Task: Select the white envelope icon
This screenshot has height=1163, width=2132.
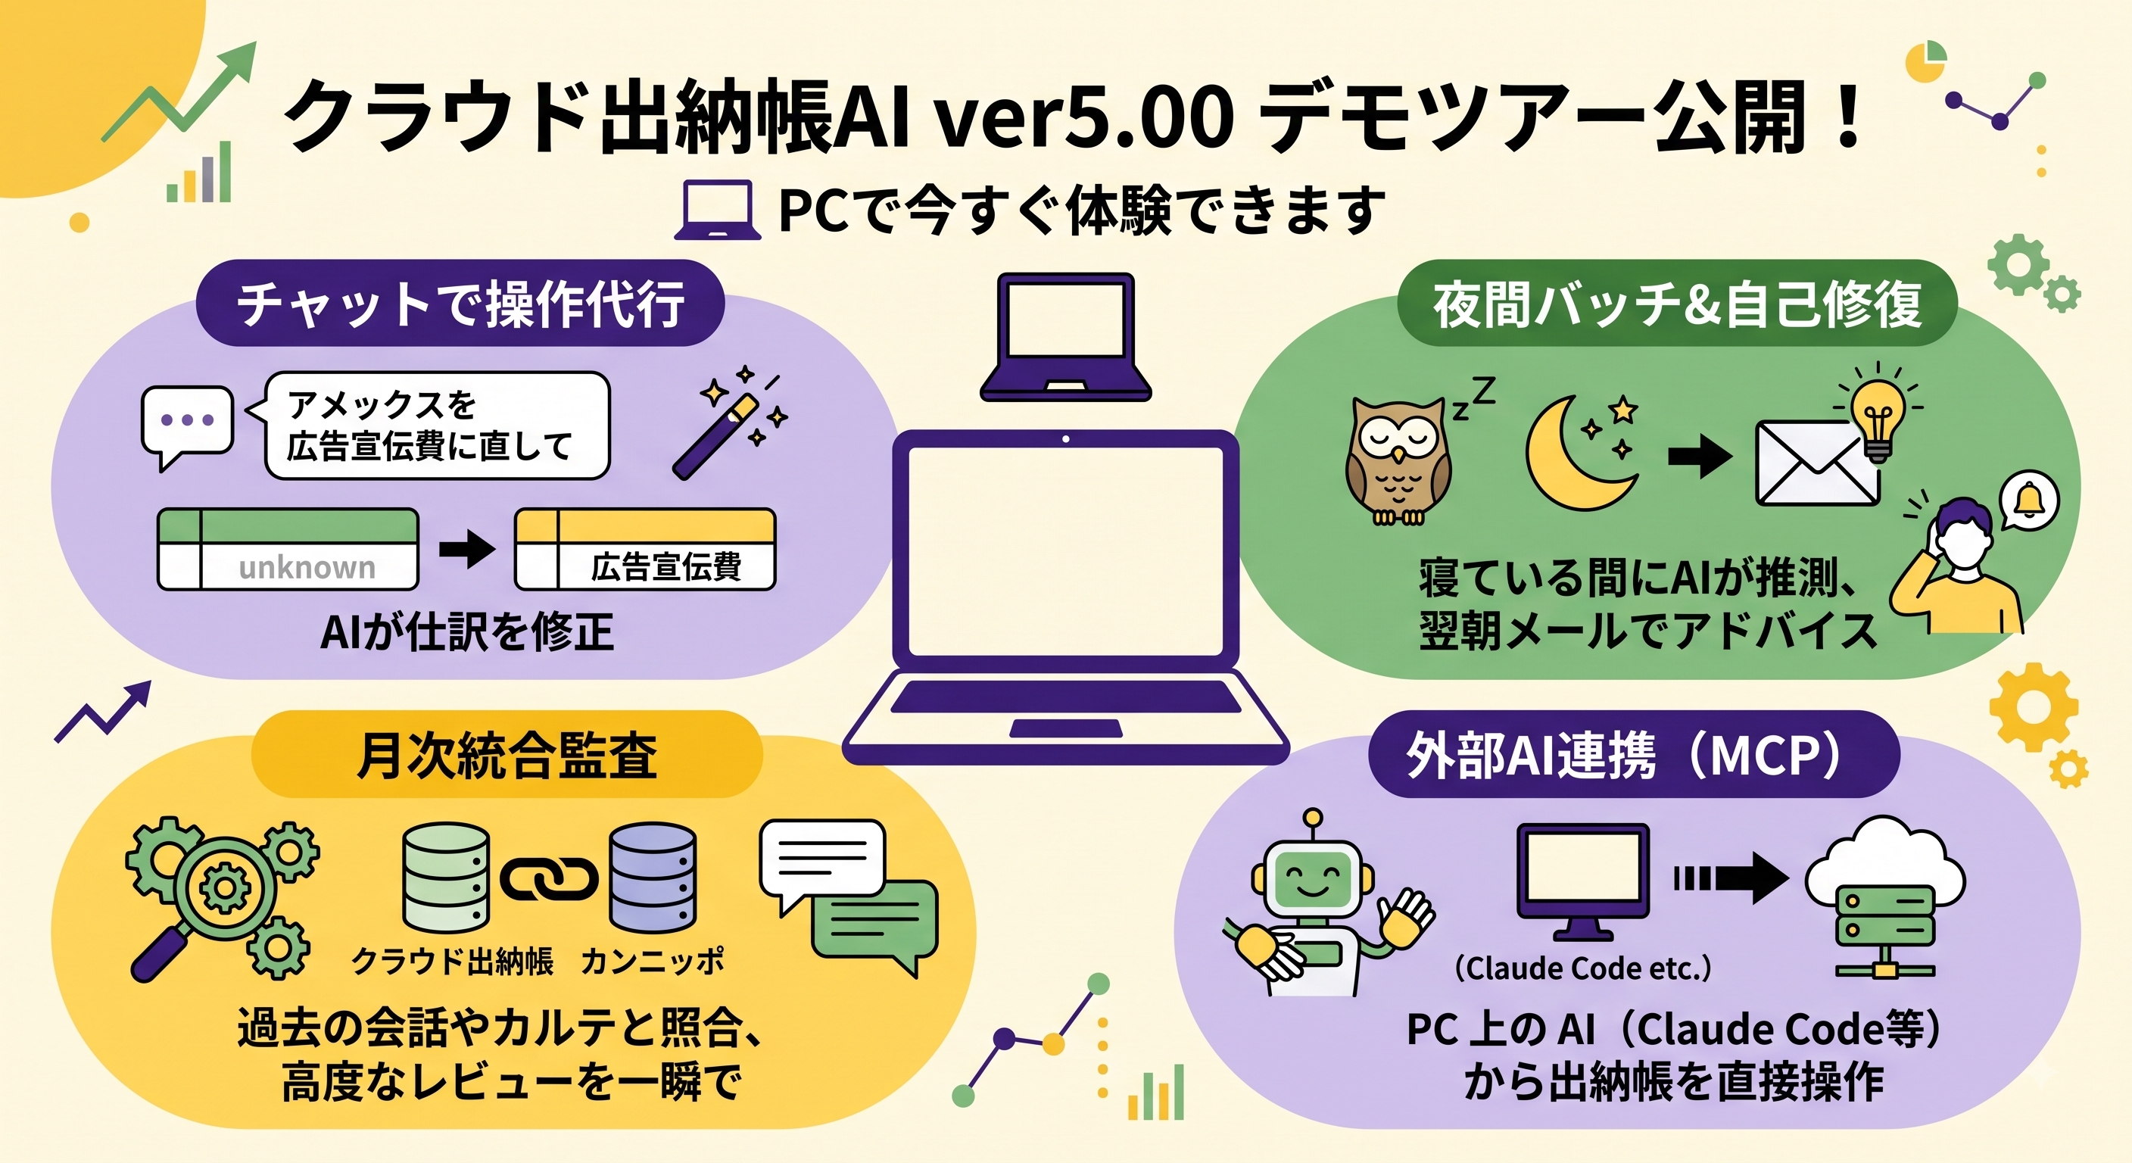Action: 1818,463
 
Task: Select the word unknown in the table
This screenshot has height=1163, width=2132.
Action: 307,568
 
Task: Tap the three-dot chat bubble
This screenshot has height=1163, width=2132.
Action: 187,426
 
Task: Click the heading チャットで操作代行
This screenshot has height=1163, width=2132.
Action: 460,304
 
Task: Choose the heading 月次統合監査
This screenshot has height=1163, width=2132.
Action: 507,756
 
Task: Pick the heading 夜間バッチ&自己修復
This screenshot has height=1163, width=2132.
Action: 1677,304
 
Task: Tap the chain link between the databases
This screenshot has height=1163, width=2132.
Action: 549,879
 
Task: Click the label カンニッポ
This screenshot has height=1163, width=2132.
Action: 652,961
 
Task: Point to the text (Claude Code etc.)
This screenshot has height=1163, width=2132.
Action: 1582,968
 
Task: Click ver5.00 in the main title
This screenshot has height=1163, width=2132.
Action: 1084,118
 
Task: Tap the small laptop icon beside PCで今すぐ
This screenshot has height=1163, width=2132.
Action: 717,210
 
